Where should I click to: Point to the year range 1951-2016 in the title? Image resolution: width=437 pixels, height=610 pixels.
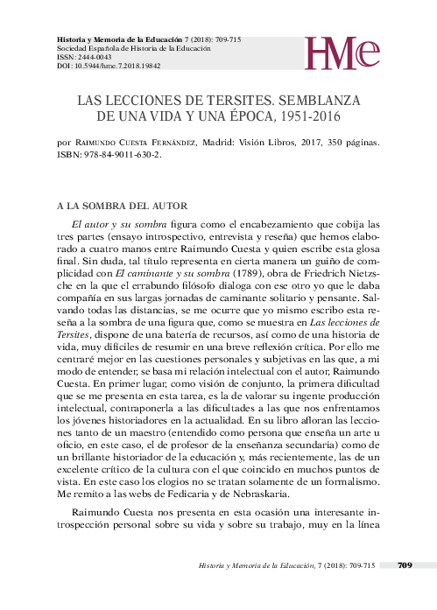[303, 116]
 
